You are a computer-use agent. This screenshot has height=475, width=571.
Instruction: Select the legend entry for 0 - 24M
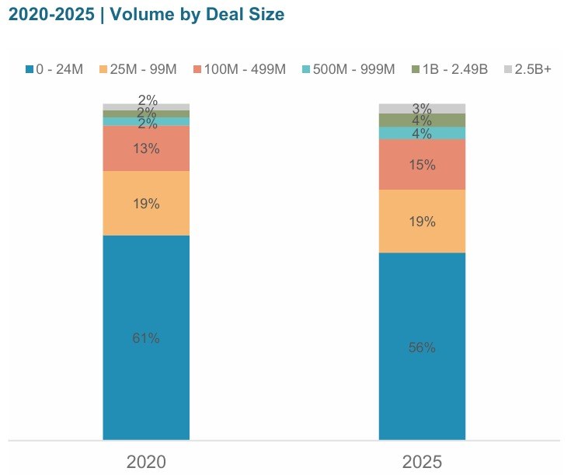[54, 69]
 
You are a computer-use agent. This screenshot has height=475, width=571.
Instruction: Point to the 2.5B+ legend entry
[527, 69]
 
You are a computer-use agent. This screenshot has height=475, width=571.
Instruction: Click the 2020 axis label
[146, 462]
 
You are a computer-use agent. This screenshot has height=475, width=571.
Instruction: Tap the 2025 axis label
[422, 462]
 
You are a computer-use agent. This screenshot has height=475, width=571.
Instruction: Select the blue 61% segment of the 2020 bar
[146, 373]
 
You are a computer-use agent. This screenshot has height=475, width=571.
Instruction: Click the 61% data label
[146, 338]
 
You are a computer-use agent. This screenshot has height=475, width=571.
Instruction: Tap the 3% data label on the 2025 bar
[422, 109]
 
